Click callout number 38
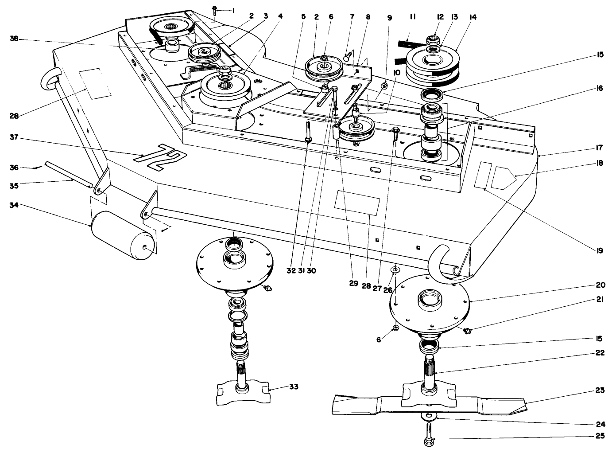pos(14,39)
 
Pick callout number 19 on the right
pos(599,250)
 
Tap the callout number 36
pos(14,167)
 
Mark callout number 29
pos(353,285)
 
